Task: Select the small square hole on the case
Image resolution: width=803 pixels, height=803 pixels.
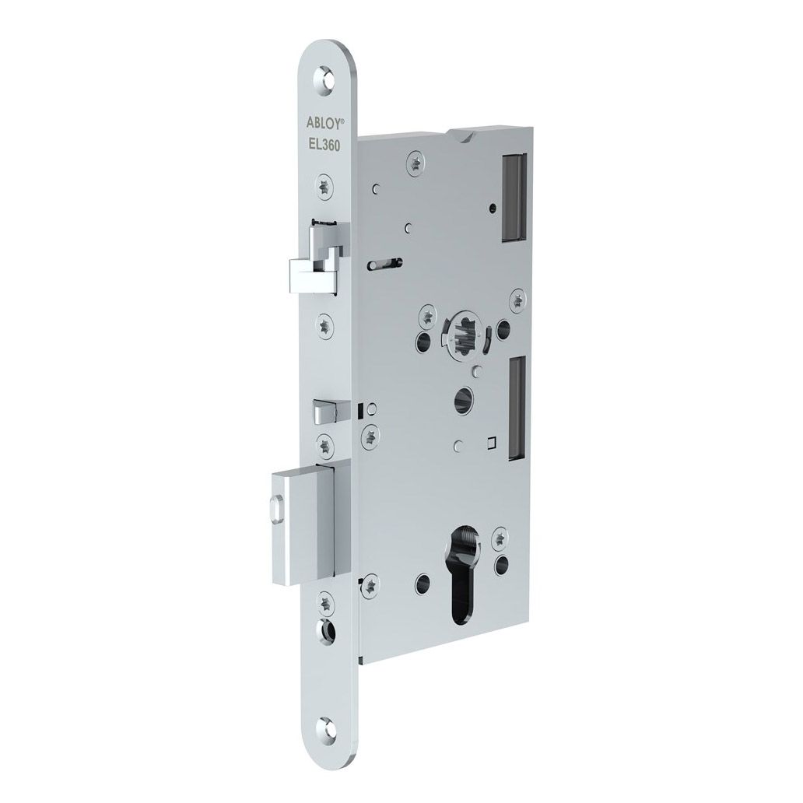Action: pyautogui.click(x=491, y=443)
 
